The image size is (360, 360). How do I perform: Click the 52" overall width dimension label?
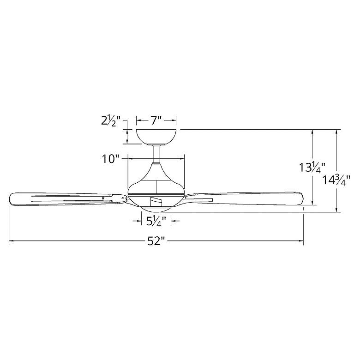click(156, 241)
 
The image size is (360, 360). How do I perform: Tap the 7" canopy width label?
click(156, 121)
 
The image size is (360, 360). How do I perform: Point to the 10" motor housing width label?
click(111, 159)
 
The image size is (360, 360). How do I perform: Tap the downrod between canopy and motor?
click(156, 154)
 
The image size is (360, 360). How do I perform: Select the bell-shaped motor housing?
click(156, 180)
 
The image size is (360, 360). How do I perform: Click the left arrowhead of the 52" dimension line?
click(11, 241)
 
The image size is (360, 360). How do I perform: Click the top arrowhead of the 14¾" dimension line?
click(338, 132)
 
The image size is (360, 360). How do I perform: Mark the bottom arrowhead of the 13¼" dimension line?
click(314, 202)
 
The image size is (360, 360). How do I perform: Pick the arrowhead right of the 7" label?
click(174, 121)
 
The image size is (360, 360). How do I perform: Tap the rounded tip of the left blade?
click(11, 198)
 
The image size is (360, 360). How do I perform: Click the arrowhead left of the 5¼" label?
click(139, 222)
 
